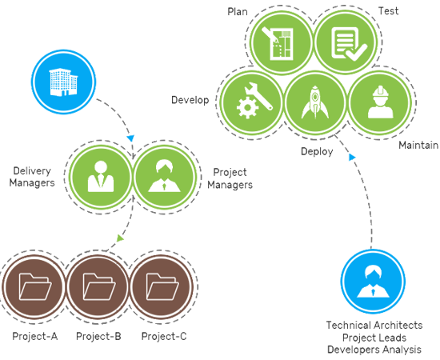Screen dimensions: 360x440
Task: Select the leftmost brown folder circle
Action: [34, 286]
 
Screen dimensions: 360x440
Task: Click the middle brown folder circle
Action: [98, 286]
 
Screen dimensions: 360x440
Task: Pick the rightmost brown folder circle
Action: [162, 286]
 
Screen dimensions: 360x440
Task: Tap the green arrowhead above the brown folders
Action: [115, 233]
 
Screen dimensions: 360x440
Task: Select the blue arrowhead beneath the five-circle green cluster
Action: [345, 159]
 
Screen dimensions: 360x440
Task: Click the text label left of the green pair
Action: [36, 178]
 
